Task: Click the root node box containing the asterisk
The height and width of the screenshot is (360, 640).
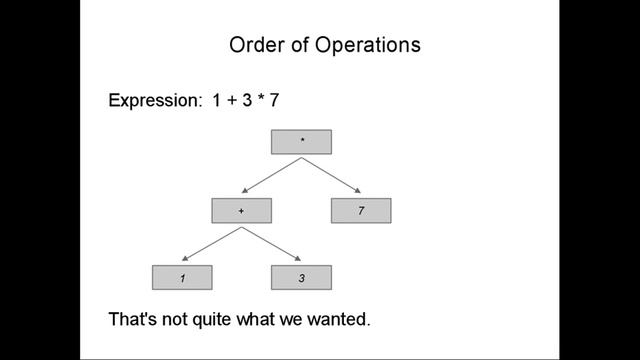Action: coord(301,142)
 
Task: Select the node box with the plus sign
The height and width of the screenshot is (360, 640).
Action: coord(241,211)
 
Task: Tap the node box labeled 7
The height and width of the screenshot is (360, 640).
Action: coord(361,211)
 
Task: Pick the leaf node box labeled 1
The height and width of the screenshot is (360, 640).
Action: coord(182,278)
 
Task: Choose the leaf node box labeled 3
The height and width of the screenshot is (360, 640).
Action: coord(301,278)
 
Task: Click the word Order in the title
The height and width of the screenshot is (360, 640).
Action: coord(255,45)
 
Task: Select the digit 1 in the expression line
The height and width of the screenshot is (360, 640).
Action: coord(217,102)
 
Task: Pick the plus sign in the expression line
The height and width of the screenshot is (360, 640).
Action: coord(232,102)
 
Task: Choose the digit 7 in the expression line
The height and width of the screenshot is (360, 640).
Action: coord(273,102)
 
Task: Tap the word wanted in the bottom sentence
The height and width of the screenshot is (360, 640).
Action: coord(339,321)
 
